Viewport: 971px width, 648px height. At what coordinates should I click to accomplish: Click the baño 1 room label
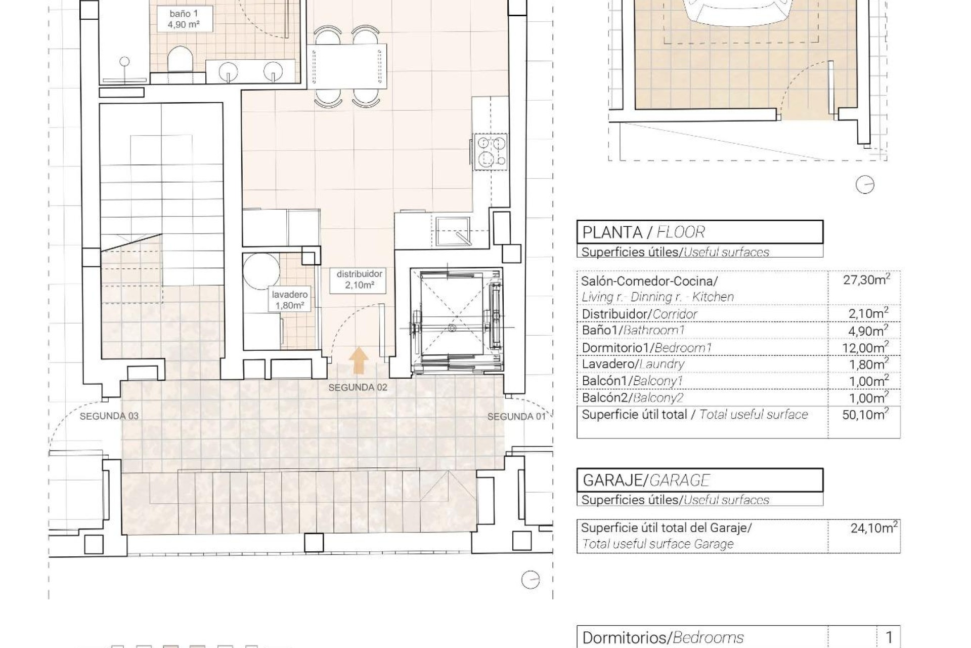click(x=183, y=19)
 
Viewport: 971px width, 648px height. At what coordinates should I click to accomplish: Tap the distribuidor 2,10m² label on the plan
click(x=359, y=279)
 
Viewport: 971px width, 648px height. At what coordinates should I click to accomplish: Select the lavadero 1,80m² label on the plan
click(x=289, y=300)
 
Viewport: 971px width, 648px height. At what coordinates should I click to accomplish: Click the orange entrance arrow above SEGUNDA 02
click(x=359, y=361)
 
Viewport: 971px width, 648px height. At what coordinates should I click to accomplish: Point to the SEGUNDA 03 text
click(x=109, y=416)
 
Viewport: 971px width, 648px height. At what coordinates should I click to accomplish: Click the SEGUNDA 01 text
click(x=516, y=417)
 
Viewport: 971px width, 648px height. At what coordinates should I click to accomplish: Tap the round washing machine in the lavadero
click(x=261, y=271)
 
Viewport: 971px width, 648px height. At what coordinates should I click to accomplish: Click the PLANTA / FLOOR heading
click(x=643, y=232)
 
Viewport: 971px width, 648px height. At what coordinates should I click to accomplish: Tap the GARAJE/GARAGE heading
click(x=646, y=480)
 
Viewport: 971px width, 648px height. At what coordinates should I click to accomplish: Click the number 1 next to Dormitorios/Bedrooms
click(x=889, y=637)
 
